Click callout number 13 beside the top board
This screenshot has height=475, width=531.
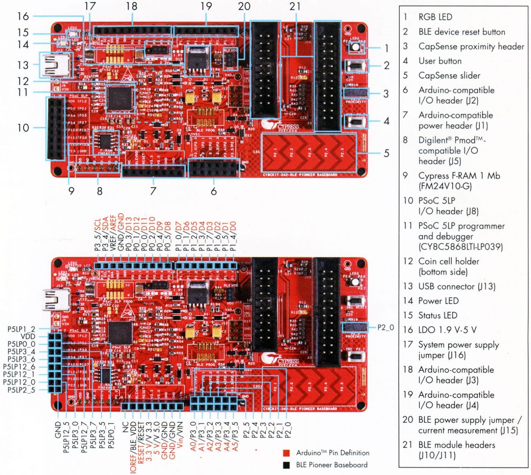23,65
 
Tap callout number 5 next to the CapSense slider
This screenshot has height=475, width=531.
387,153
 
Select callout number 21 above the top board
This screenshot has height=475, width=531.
295,6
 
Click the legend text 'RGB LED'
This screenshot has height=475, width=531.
435,17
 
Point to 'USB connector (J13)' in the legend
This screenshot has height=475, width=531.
457,286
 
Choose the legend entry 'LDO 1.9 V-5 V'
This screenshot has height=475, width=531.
447,330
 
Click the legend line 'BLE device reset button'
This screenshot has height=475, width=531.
462,32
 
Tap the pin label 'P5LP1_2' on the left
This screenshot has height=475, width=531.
21,329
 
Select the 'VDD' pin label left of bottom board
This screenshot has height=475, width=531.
28,337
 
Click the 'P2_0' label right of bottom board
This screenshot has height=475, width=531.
386,328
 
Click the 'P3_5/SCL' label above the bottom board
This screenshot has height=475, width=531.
97,234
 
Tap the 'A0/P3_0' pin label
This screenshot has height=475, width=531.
193,436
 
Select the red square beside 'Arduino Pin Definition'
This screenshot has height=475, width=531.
286,453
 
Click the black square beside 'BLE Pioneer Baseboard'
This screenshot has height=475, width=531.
286,465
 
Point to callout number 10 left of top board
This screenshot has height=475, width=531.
23,128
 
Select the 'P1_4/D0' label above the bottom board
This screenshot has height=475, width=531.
233,236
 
